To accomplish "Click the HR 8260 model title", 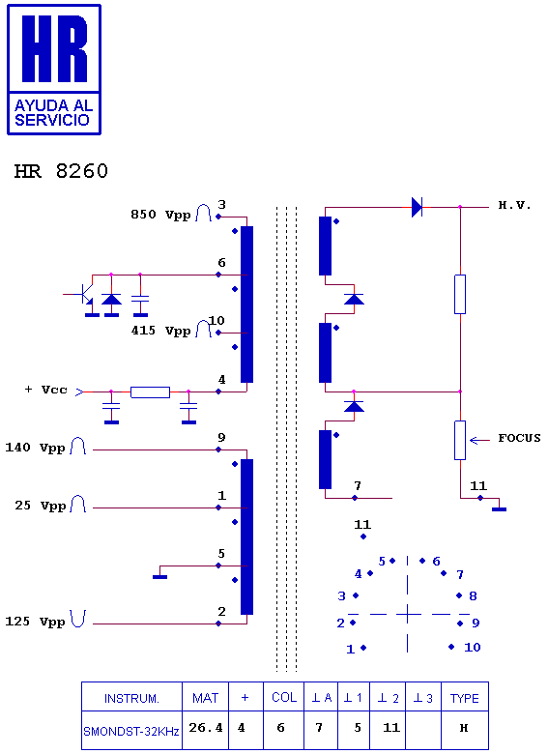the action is (61, 171).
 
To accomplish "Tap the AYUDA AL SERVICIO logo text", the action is (53, 112).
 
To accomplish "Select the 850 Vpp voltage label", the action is (160, 215).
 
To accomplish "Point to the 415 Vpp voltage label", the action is (160, 331).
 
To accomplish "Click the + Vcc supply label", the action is (45, 390).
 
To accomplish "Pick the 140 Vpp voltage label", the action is (35, 448).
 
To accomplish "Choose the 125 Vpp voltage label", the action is (35, 622).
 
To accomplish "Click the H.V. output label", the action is (514, 205).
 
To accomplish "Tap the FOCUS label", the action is (519, 438).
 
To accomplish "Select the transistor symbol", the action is (87, 294).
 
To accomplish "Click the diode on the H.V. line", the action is (417, 207).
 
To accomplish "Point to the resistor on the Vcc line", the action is (150, 392).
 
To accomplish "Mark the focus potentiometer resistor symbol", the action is (460, 440).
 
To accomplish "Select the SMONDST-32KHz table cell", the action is (131, 732).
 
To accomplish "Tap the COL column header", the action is (283, 697).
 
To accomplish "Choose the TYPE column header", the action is (464, 698).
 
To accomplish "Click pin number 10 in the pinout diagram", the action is (472, 648).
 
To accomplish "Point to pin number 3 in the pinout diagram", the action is (342, 596).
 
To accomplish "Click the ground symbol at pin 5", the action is (160, 576).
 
